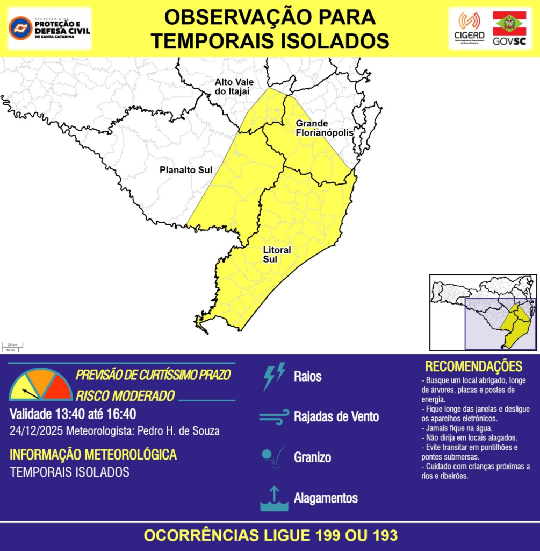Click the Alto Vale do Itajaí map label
pyautogui.click(x=234, y=86)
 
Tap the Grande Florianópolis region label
pyautogui.click(x=324, y=128)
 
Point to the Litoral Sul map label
pyautogui.click(x=277, y=255)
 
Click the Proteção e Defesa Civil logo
pyautogui.click(x=49, y=28)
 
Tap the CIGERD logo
pyautogui.click(x=469, y=28)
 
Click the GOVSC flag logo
pyautogui.click(x=509, y=28)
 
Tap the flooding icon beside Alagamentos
pyautogui.click(x=274, y=498)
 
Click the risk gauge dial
pyautogui.click(x=41, y=385)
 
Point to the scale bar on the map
pyautogui.click(x=12, y=347)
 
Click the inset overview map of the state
pyautogui.click(x=483, y=312)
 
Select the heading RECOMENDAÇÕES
pyautogui.click(x=473, y=366)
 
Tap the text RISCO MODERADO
pyautogui.click(x=125, y=396)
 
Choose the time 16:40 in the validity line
pyautogui.click(x=121, y=414)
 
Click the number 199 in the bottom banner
pyautogui.click(x=330, y=535)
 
